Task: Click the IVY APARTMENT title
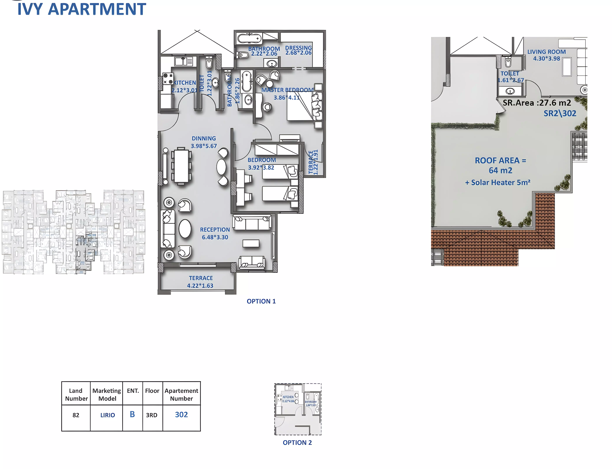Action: click(x=82, y=9)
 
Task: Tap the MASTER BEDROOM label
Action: click(x=287, y=90)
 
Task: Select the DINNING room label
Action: click(x=204, y=138)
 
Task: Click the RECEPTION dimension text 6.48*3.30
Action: click(x=215, y=237)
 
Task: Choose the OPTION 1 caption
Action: click(x=261, y=301)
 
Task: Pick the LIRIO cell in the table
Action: click(x=108, y=415)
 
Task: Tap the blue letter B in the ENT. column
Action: click(x=132, y=414)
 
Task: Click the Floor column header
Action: click(x=152, y=391)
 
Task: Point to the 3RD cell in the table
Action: click(x=151, y=415)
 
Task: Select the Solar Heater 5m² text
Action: click(x=497, y=183)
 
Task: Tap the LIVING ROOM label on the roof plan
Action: click(x=546, y=52)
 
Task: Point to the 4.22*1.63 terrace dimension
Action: click(x=200, y=286)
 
